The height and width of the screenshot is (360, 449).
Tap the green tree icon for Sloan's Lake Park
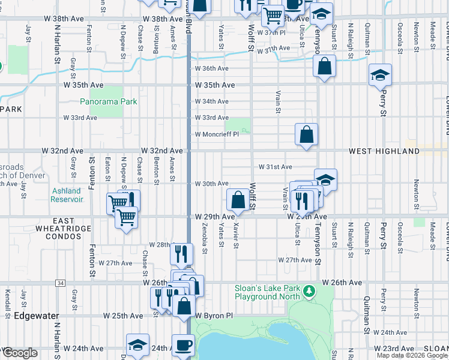click(309, 291)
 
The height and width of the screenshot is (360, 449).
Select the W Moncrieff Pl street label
click(216, 134)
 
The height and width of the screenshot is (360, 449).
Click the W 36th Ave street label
click(211, 68)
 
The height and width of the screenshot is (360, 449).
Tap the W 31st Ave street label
click(275, 167)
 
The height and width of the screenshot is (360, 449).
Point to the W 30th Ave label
click(211, 184)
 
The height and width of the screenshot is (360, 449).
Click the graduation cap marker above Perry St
click(380, 76)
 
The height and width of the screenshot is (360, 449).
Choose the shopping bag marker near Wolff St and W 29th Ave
click(238, 199)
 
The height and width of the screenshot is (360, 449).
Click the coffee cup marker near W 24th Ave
click(183, 345)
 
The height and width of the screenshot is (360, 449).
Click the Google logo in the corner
click(19, 353)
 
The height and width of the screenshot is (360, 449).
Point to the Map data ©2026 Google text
click(412, 355)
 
